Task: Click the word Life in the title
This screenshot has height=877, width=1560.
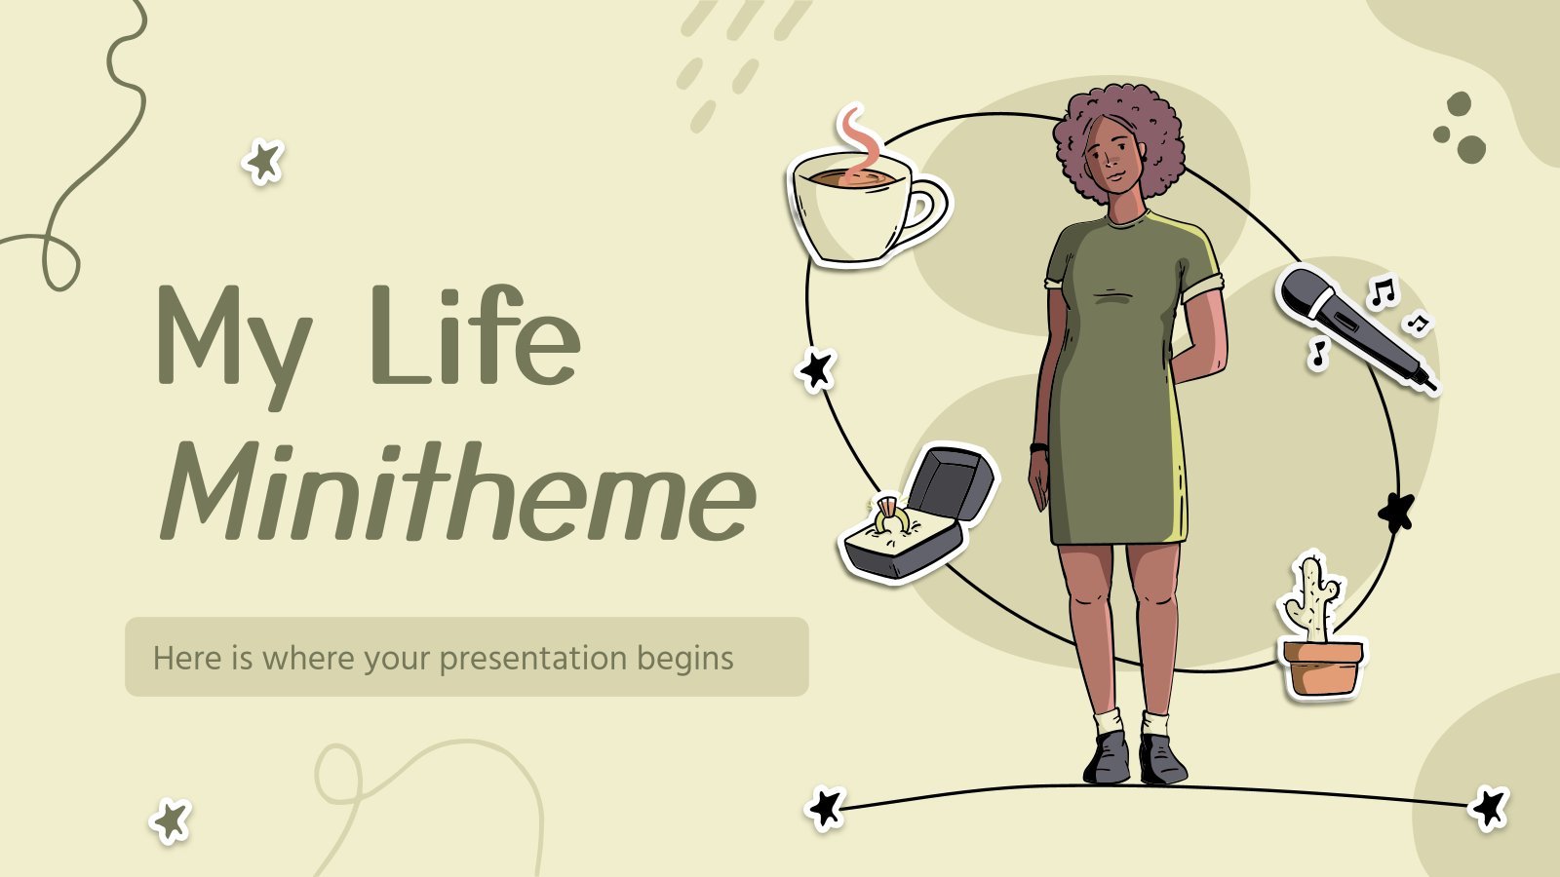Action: click(477, 334)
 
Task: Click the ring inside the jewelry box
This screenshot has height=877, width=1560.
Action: click(891, 515)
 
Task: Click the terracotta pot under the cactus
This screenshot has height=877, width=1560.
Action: click(1322, 668)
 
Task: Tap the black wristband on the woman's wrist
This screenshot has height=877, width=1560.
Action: click(1038, 447)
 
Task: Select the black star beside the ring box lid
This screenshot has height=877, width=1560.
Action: click(816, 369)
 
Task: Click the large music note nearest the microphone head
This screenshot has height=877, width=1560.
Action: click(1384, 291)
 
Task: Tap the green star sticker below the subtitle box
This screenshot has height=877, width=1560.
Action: click(171, 820)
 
